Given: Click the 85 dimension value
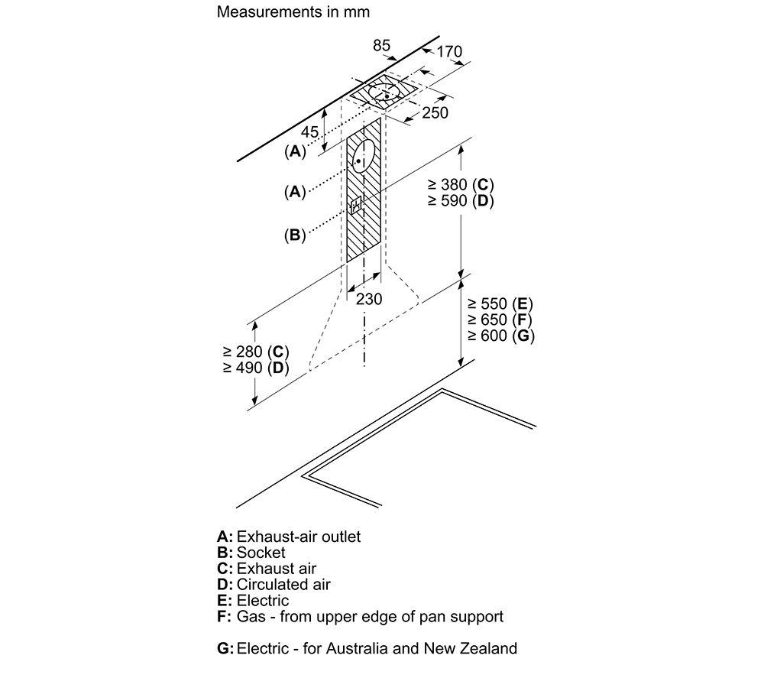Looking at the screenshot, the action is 381,45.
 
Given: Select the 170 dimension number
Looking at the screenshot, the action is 448,51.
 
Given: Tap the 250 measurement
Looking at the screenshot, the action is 435,112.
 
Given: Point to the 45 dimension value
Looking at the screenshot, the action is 310,131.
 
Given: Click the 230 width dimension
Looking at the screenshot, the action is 369,299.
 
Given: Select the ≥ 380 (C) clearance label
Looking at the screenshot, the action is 461,185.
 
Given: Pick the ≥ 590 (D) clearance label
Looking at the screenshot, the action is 461,201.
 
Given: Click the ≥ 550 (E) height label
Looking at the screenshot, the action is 500,303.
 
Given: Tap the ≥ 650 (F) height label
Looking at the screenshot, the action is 500,320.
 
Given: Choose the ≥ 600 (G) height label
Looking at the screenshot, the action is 501,336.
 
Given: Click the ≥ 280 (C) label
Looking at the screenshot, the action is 256,352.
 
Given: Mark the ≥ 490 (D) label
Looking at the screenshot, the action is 256,368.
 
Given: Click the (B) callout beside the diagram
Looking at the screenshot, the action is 295,235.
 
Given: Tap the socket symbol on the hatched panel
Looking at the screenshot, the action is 356,205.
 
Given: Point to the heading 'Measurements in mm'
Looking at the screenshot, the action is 293,11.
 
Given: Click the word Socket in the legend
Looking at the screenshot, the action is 261,552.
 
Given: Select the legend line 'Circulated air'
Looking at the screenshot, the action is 283,585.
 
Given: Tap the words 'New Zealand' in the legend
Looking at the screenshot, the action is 470,648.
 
